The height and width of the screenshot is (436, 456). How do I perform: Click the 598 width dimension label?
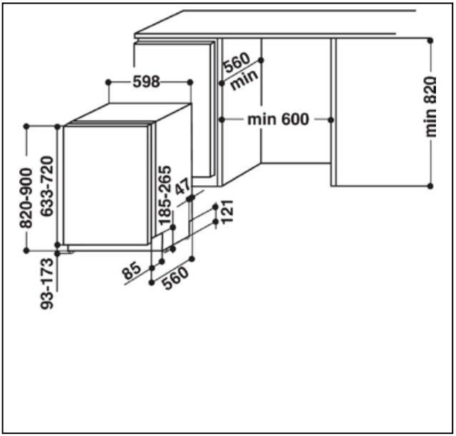(147, 81)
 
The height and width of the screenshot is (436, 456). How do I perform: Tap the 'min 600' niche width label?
(279, 119)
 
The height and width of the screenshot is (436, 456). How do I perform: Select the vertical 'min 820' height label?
(430, 107)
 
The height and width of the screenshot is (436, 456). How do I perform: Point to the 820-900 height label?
(26, 198)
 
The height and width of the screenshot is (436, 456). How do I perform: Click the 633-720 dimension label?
(46, 188)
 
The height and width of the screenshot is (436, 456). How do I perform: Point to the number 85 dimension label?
(132, 271)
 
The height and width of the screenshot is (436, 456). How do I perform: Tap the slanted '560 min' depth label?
(239, 71)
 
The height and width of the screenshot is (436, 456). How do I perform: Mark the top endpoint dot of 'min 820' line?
(430, 39)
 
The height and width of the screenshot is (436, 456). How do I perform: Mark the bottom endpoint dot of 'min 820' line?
(430, 186)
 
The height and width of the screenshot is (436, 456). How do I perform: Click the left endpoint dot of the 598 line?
(108, 81)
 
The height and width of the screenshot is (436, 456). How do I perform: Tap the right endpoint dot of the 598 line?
(190, 81)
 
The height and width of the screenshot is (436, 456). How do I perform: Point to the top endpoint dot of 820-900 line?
(26, 127)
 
